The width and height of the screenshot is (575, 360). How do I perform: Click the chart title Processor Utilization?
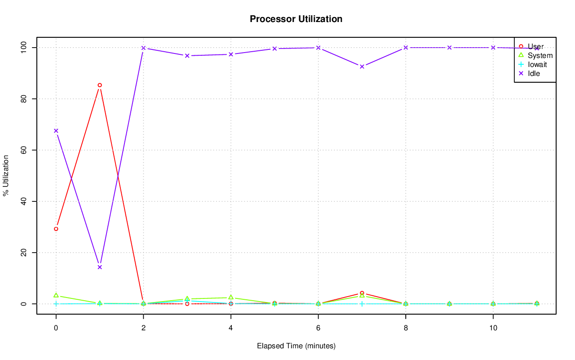tap(296, 19)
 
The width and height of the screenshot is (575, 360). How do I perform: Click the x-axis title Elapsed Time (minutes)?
tap(296, 346)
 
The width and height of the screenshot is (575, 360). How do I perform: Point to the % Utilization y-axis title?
tap(6, 176)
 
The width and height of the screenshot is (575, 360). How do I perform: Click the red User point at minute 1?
tap(100, 85)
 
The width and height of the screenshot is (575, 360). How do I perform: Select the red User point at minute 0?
tap(56, 229)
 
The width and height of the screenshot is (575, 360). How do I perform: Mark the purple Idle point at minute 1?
tap(100, 267)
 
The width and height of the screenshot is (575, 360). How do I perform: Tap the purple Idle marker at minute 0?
tap(56, 131)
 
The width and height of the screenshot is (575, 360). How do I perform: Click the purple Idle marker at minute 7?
tap(362, 67)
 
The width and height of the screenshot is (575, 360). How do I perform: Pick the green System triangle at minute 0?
tap(56, 295)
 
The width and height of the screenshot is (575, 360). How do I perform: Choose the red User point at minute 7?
tap(362, 293)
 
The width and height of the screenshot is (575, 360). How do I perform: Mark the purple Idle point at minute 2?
tap(143, 48)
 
